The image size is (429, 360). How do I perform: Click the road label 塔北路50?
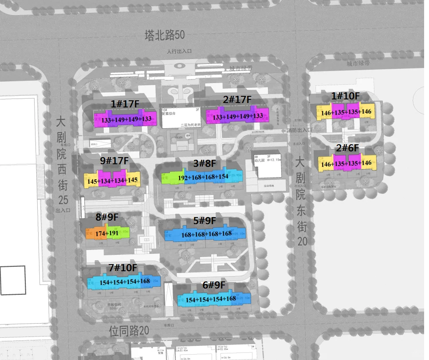click(x=165, y=35)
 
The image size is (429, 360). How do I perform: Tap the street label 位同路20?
click(x=129, y=330)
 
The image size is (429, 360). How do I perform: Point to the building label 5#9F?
click(x=204, y=221)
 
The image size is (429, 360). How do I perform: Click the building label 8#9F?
click(x=107, y=217)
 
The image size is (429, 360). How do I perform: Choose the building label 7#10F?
click(x=123, y=268)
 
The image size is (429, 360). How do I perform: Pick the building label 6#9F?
click(x=214, y=285)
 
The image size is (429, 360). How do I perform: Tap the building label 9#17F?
click(x=114, y=160)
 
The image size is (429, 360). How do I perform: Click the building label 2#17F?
click(x=237, y=100)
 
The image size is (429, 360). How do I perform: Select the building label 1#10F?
click(x=346, y=96)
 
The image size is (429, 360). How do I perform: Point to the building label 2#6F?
click(x=347, y=148)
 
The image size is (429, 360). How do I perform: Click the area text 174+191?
click(x=106, y=233)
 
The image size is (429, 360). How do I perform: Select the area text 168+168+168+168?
click(x=206, y=234)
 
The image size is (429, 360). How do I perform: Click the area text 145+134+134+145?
click(x=112, y=181)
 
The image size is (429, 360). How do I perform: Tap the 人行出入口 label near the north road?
click(x=179, y=51)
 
